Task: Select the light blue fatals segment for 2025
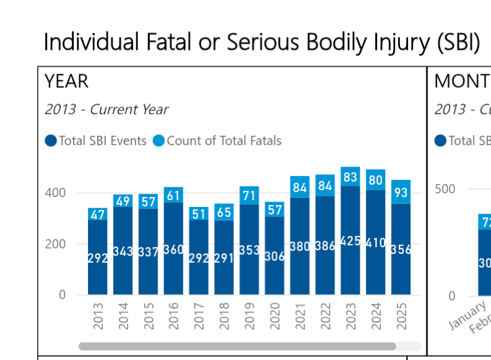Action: [401, 191]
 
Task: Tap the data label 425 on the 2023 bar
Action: [350, 241]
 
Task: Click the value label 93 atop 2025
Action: [401, 193]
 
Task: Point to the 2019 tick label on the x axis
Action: [250, 316]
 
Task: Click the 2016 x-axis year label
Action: [174, 316]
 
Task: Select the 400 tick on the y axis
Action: [53, 193]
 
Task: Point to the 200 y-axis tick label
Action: [53, 244]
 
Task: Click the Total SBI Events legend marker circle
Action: [51, 141]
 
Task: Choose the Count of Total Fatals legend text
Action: [224, 141]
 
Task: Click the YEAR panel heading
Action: [66, 81]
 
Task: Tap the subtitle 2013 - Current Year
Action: [106, 110]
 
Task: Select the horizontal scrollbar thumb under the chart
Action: [237, 346]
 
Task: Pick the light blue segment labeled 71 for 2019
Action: [250, 196]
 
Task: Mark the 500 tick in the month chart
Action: [446, 189]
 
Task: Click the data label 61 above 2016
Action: [174, 195]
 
